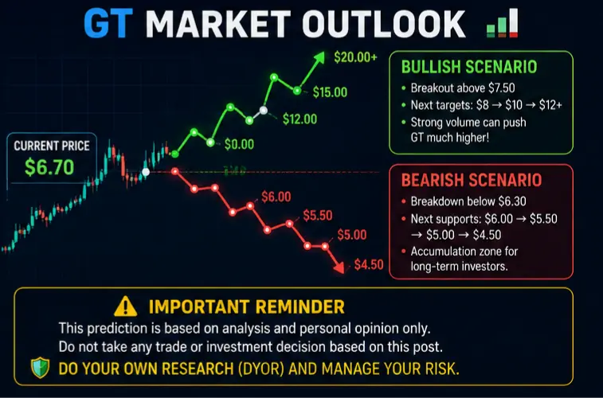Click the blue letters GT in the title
click(x=108, y=24)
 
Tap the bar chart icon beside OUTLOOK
click(x=503, y=23)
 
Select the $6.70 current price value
click(x=49, y=167)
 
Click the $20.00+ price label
click(x=356, y=57)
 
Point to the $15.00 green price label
click(x=330, y=92)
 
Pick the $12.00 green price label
click(x=300, y=119)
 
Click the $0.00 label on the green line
click(x=239, y=144)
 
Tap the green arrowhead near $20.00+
click(x=319, y=58)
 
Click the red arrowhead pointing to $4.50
click(x=339, y=267)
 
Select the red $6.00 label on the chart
click(x=276, y=197)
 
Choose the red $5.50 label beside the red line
click(x=318, y=216)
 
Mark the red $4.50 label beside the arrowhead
click(x=369, y=264)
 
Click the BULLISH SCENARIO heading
click(x=469, y=67)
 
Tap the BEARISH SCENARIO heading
click(x=472, y=180)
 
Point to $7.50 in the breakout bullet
click(x=502, y=88)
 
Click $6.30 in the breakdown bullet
click(x=512, y=201)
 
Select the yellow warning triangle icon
click(x=126, y=306)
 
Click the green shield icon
click(x=41, y=368)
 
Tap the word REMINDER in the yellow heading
click(x=300, y=307)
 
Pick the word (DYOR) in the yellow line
click(x=260, y=369)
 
